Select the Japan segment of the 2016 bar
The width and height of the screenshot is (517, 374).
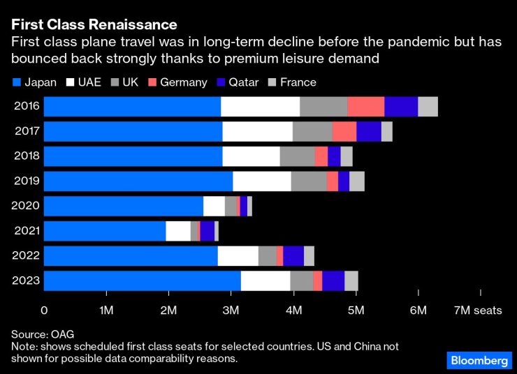point(132,107)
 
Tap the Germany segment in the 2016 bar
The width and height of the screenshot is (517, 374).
point(365,107)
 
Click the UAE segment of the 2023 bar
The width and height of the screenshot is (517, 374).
point(265,280)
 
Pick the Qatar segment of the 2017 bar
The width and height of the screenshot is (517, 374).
point(369,131)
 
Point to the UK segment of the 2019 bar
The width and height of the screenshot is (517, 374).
point(308,181)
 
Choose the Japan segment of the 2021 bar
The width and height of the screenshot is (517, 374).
point(105,231)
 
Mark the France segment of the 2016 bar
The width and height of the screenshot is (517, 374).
point(428,107)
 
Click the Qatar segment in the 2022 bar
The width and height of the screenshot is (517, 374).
point(293,256)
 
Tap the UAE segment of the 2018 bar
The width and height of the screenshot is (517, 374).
point(251,156)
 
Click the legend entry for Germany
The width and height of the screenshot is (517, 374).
point(177,82)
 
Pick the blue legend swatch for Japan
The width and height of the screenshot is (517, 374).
point(17,82)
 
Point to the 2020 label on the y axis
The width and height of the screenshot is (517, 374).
point(27,207)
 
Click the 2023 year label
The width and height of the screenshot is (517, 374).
point(27,280)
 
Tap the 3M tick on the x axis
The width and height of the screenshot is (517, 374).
point(231,311)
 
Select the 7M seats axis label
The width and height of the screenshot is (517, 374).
point(478,311)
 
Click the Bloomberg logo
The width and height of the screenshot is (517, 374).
point(478,360)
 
